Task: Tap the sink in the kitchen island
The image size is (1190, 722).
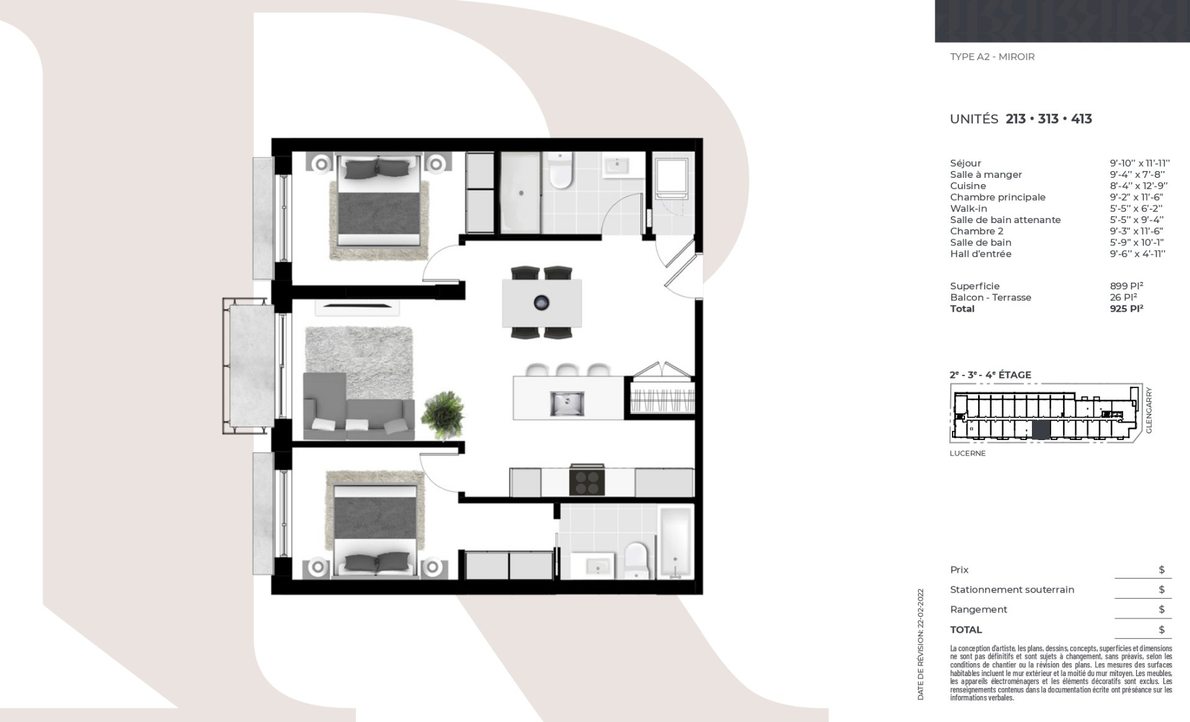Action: (566, 403)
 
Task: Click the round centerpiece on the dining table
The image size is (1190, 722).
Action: (541, 302)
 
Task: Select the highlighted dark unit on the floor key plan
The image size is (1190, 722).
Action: (1041, 429)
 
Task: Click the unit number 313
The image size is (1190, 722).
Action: (1048, 119)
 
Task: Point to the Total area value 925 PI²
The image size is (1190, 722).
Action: (1126, 309)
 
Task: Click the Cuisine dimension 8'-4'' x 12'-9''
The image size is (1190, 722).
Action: (1139, 186)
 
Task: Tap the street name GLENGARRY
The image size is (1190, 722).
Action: (1148, 410)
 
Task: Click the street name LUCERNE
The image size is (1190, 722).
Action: (967, 453)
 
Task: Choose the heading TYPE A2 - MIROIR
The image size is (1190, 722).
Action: (992, 57)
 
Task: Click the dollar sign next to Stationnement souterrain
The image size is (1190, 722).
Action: (1161, 589)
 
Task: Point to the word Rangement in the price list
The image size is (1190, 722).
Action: (979, 609)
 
